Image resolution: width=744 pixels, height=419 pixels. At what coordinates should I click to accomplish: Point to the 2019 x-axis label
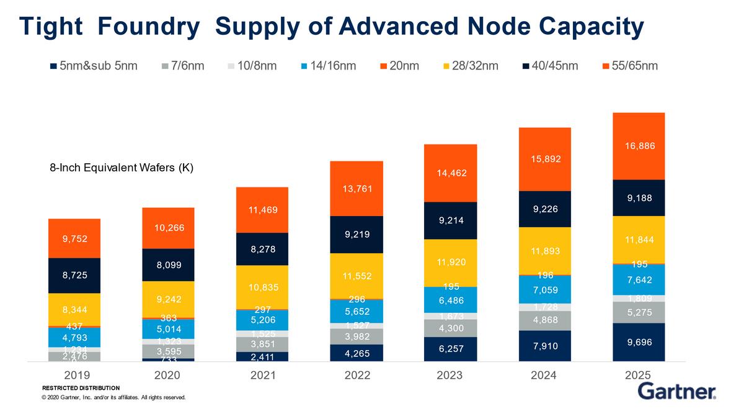(x=77, y=375)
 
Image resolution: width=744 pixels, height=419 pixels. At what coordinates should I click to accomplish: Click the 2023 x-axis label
(x=450, y=375)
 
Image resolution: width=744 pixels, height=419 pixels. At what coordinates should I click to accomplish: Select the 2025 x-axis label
(x=639, y=375)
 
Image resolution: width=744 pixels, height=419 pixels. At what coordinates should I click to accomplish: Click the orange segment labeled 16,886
(x=639, y=146)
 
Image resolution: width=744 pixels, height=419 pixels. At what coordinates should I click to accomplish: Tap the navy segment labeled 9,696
(x=639, y=342)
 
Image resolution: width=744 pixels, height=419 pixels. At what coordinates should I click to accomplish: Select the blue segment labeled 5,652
(x=356, y=311)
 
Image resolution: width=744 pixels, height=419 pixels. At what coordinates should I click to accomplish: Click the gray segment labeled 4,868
(x=544, y=320)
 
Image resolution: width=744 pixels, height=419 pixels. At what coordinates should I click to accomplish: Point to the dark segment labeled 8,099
(x=168, y=265)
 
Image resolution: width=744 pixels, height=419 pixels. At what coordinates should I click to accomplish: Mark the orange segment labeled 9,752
(x=74, y=238)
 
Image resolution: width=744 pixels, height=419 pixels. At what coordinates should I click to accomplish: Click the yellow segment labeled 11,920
(x=450, y=263)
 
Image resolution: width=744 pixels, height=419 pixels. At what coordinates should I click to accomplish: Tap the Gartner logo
(x=676, y=392)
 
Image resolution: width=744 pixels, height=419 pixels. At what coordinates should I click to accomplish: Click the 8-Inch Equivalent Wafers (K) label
(x=122, y=168)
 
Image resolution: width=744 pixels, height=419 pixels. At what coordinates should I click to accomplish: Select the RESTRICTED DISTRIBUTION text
(x=81, y=388)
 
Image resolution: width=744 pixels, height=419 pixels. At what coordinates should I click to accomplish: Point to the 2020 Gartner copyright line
(x=113, y=397)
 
